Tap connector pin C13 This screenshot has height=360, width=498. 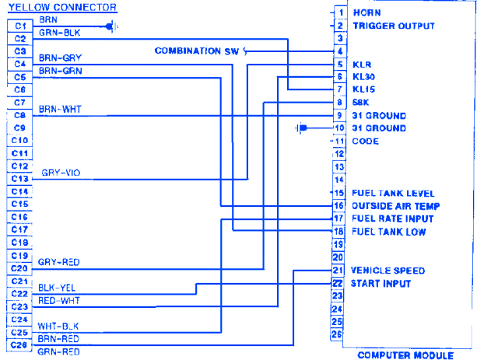20,178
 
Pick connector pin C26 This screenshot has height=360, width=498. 20,344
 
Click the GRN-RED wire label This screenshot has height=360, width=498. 60,351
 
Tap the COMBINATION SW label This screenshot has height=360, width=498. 198,51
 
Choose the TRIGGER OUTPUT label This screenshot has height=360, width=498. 393,26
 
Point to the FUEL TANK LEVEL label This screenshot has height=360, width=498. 393,193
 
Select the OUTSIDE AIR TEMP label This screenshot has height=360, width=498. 396,206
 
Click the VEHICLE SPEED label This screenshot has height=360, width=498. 388,271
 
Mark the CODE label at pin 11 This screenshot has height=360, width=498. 366,142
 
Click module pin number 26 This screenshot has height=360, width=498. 338,334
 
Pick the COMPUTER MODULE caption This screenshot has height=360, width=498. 405,355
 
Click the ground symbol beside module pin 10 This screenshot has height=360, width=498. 303,128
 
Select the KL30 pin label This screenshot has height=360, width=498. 364,77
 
